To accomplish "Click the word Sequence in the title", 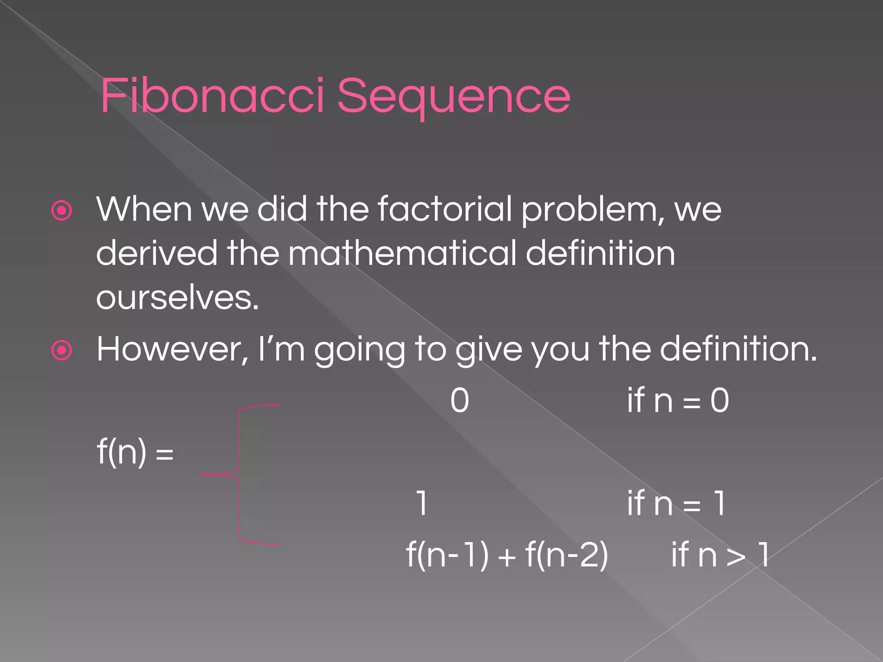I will click(x=454, y=97).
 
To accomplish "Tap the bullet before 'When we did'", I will click(x=62, y=211).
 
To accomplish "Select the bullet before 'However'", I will click(x=62, y=350).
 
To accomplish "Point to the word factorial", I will click(x=445, y=209).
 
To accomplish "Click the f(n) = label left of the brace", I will click(x=135, y=452).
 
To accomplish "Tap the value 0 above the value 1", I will click(x=460, y=401).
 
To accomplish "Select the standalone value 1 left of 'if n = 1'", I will click(x=422, y=503).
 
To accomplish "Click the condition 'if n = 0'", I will click(x=678, y=401).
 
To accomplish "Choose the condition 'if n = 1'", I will click(x=676, y=503).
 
